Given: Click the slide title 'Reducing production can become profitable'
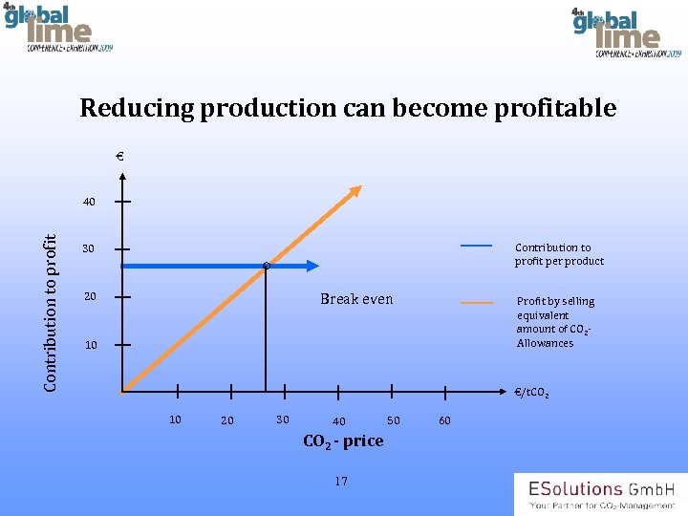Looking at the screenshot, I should click(348, 108).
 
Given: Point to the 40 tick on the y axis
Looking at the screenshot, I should click(121, 203).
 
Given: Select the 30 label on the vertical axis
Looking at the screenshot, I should click(88, 249).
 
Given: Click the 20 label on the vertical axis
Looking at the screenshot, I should click(88, 297).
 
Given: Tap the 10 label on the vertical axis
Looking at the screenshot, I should click(91, 345).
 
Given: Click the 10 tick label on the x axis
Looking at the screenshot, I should click(175, 419).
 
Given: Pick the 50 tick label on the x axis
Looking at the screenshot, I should click(393, 419).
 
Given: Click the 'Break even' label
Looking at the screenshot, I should click(355, 299).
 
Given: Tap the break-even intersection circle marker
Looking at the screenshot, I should click(267, 266).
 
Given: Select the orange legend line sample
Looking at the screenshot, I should click(477, 302).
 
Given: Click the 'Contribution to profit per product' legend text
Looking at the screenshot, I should click(559, 254).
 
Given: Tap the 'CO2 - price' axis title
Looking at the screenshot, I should click(343, 441).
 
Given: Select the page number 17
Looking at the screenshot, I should click(341, 481).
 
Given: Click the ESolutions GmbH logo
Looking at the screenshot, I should click(599, 494).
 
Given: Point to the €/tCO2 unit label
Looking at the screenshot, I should click(530, 393).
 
